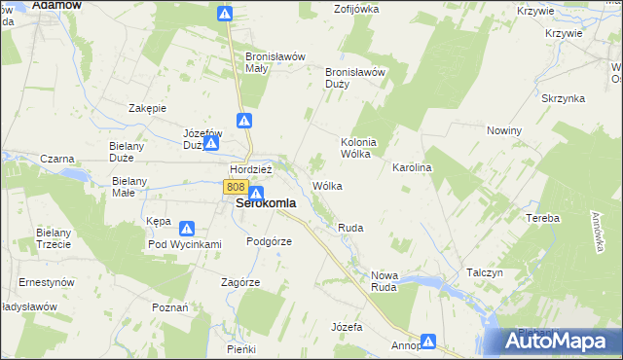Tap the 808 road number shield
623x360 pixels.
click(x=234, y=186)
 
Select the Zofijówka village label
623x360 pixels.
click(x=356, y=9)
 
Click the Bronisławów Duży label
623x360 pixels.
click(x=356, y=77)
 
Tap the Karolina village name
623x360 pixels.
click(x=412, y=168)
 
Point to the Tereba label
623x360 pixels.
click(x=542, y=218)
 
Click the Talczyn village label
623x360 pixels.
click(x=484, y=273)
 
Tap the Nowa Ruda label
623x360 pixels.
click(x=392, y=281)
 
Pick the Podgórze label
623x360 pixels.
click(x=269, y=241)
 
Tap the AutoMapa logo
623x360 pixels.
click(x=560, y=341)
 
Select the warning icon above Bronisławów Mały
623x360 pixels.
click(x=225, y=14)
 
